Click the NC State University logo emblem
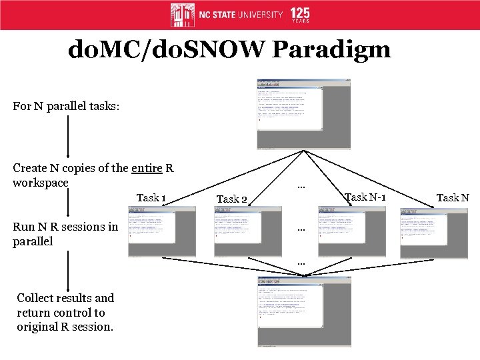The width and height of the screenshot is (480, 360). tap(183, 15)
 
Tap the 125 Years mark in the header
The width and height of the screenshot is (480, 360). tap(300, 15)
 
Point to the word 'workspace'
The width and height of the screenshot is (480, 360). tap(41, 182)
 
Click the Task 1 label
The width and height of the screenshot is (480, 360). tap(151, 197)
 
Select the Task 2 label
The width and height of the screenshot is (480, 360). tap(232, 199)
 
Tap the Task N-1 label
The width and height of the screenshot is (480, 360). tap(365, 197)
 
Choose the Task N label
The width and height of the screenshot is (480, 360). tap(453, 197)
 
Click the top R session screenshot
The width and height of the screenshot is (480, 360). tap(304, 114)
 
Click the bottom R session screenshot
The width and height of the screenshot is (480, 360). tap(305, 311)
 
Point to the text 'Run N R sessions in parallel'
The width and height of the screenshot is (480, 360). tap(65, 233)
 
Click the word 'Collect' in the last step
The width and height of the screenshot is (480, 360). tap(37, 298)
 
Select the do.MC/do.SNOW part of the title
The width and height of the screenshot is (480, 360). tap(161, 51)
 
